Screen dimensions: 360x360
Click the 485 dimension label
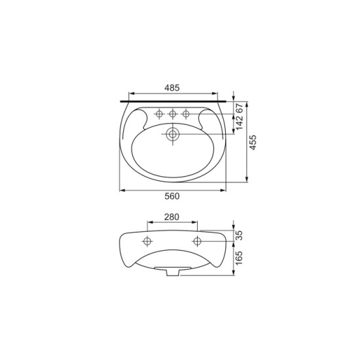click(172, 88)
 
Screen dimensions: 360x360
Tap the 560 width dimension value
click(172, 196)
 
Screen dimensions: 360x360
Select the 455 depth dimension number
click(253, 143)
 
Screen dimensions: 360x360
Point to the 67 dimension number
click(240, 108)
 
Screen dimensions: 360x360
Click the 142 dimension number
click(240, 122)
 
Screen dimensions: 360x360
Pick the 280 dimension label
click(171, 217)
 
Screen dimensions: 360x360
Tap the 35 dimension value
click(239, 236)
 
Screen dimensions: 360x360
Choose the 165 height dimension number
click(239, 258)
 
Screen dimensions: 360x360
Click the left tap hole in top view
click(159, 114)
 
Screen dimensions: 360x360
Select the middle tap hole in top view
click(173, 114)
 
